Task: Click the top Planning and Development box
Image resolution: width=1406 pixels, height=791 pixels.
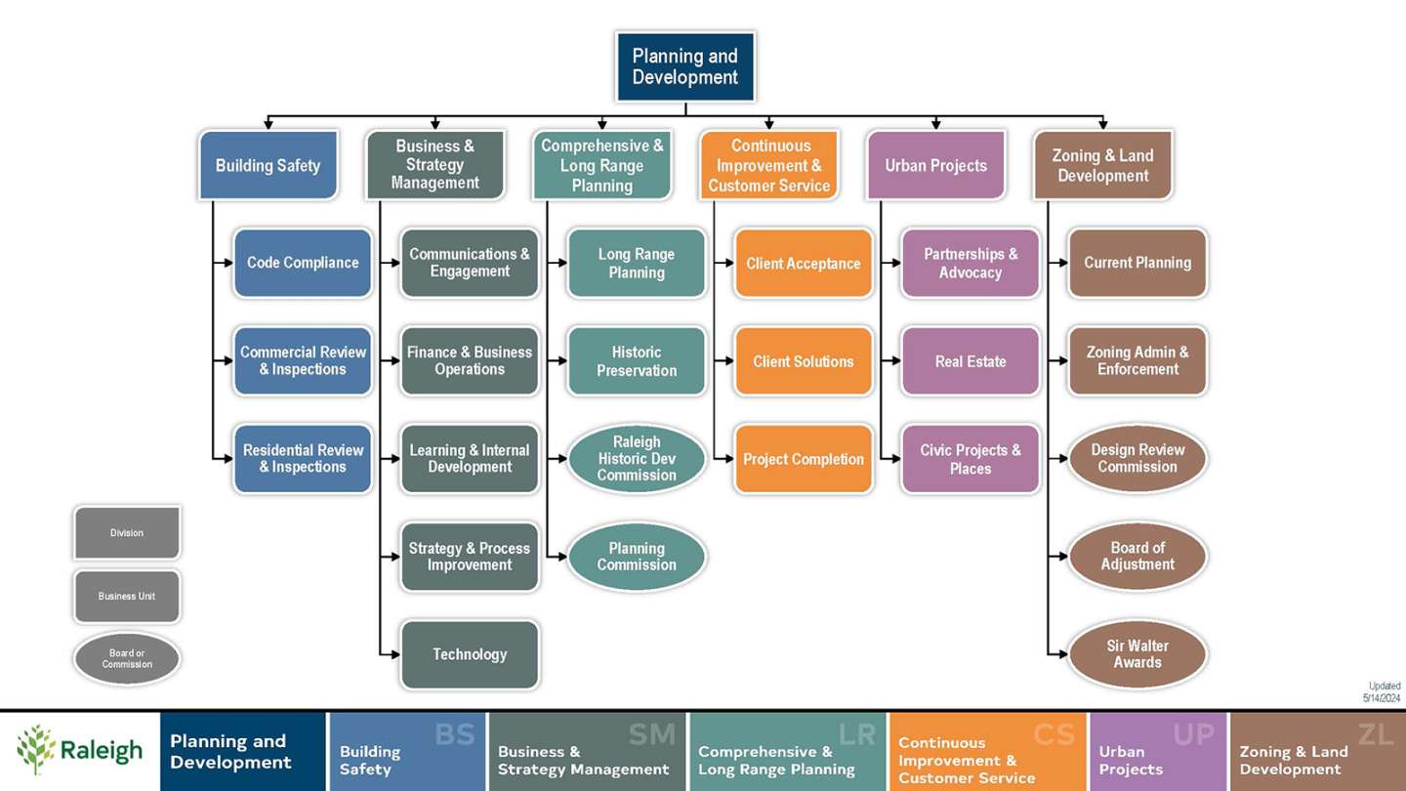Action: point(684,66)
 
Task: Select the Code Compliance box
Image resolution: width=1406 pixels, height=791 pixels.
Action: point(303,263)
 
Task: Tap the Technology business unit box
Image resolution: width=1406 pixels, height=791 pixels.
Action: point(470,654)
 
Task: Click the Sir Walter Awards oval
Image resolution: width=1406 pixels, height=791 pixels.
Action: point(1137,654)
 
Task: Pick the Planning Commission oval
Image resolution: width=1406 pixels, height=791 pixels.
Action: point(637,557)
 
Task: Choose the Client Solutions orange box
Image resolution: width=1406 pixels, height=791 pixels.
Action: point(803,361)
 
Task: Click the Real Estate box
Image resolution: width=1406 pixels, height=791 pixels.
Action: point(970,361)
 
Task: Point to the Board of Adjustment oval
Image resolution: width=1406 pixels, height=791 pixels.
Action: point(1137,557)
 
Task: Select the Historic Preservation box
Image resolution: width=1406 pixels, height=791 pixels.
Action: point(637,361)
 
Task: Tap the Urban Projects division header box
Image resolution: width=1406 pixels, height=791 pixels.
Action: point(935,165)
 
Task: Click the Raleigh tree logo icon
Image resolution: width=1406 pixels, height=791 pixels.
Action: point(35,750)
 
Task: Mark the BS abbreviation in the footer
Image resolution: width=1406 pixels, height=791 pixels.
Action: point(454,735)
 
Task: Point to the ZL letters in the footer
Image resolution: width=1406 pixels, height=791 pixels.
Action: point(1375,735)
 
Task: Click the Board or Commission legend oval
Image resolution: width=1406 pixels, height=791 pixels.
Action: point(127,659)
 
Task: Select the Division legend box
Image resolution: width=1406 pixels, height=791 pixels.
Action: point(127,533)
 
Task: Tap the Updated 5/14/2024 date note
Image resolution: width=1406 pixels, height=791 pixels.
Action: point(1383,692)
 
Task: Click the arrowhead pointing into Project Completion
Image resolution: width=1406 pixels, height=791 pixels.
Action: point(728,459)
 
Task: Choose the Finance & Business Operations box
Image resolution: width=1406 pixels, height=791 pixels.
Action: point(470,361)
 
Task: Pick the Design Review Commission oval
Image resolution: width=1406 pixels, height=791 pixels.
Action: point(1137,459)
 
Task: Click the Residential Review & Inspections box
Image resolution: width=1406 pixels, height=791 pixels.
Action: point(303,459)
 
